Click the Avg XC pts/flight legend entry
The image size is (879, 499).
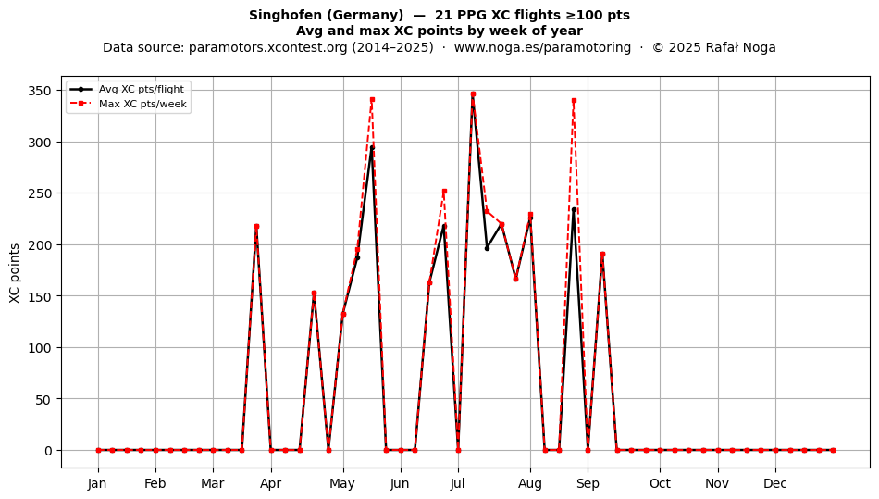[128, 89]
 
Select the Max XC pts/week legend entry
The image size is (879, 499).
[128, 104]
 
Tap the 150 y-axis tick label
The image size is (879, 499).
[40, 296]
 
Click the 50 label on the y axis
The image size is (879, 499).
[43, 399]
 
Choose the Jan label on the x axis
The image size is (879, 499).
[97, 483]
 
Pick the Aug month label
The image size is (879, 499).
[530, 483]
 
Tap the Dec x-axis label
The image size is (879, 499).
[775, 483]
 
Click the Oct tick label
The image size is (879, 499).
[660, 483]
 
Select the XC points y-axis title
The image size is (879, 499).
[15, 273]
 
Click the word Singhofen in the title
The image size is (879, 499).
[279, 15]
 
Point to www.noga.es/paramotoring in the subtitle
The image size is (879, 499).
[542, 47]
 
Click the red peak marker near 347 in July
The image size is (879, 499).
[473, 94]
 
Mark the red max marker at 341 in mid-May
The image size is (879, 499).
[372, 100]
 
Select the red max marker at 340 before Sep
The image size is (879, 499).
[574, 101]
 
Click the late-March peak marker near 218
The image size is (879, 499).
[256, 227]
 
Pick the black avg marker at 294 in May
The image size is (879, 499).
[372, 148]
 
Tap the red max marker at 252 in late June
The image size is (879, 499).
[444, 192]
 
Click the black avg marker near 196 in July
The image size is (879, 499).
[487, 248]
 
